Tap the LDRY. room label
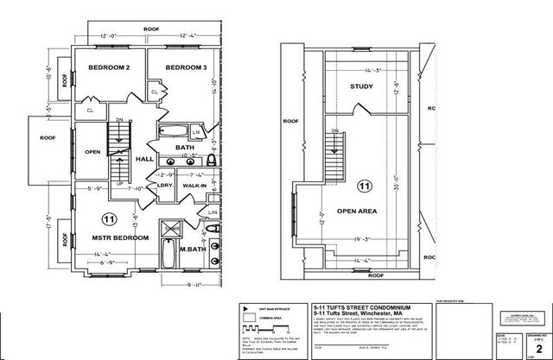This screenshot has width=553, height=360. click(x=163, y=186)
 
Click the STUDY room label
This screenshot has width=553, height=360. click(x=360, y=87)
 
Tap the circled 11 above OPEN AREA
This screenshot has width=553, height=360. click(x=364, y=185)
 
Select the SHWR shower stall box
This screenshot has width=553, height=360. click(x=173, y=229)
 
